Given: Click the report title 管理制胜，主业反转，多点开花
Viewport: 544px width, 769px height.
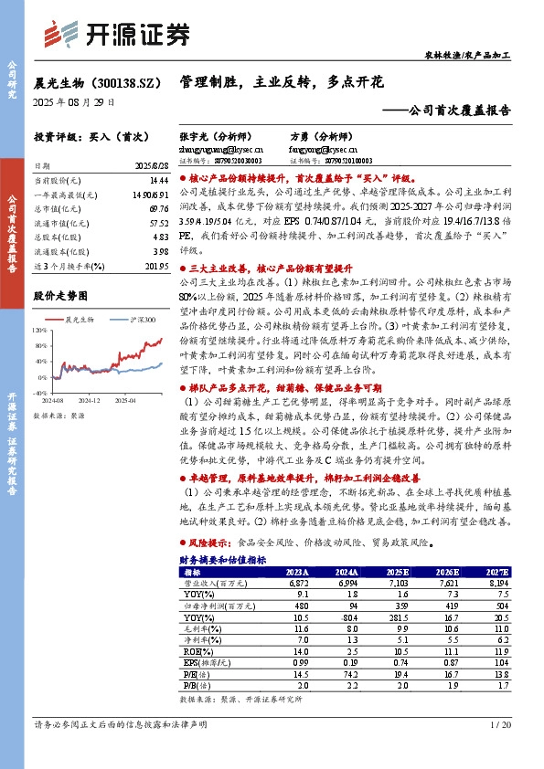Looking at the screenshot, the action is coord(282,82).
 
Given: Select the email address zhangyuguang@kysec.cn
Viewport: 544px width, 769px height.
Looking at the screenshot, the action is coord(221,146).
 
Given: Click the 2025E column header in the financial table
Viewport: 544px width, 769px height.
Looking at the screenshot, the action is coord(400,572).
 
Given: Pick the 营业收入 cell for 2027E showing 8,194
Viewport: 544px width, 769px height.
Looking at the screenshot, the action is coord(502,582).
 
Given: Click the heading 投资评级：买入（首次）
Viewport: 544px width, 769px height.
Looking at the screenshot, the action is coord(84,136).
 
